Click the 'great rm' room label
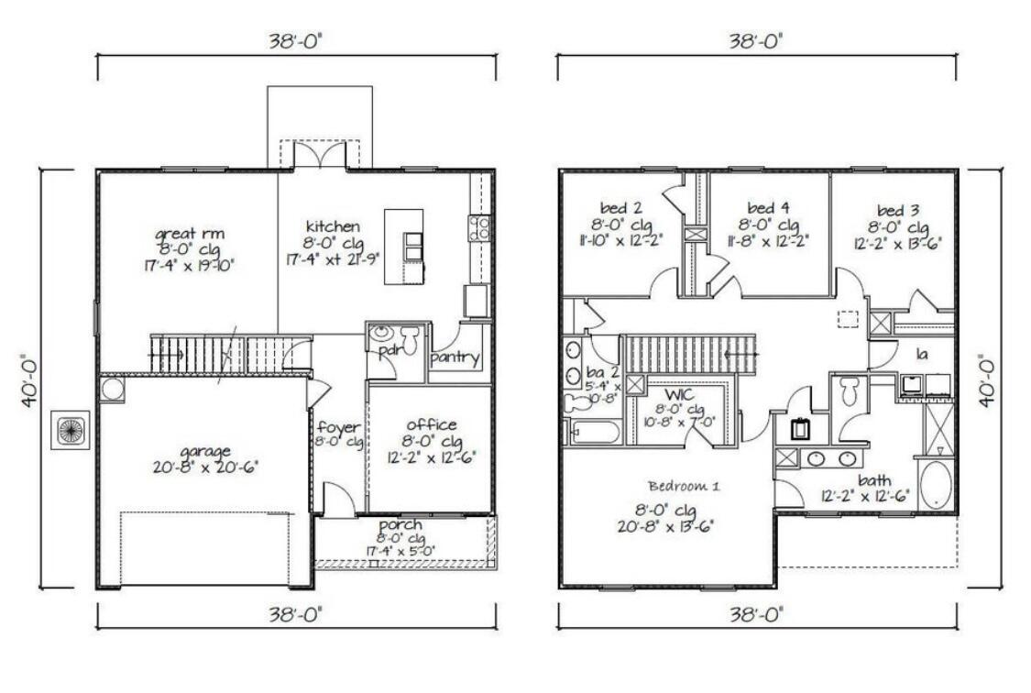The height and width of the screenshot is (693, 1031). pos(190,233)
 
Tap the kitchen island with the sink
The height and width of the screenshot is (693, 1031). pos(404,246)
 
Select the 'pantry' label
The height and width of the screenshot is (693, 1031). pos(455,357)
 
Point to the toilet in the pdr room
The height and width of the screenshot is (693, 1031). pos(380,336)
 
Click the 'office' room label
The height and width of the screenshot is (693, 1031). pos(432,424)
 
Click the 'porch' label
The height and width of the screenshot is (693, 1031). pos(400,524)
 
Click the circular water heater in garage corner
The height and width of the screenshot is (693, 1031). pos(113,389)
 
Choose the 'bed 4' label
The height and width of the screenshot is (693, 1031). pos(768,207)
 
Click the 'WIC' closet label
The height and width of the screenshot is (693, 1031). pos(676,394)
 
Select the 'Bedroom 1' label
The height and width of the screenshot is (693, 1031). pos(684,485)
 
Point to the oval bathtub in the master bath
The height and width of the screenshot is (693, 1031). pos(934,484)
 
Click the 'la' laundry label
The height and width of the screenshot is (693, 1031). pos(923,352)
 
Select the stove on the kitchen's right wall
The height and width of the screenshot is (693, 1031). pos(479,227)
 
